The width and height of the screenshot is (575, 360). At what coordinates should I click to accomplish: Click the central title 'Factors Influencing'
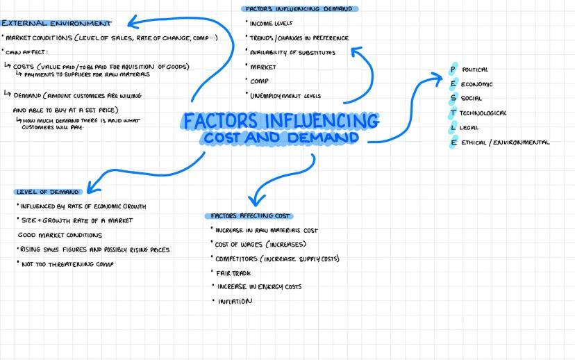click(281, 120)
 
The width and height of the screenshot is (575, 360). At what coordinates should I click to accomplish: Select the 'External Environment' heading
click(57, 24)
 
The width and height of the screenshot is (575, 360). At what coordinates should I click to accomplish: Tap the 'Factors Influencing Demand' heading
click(300, 9)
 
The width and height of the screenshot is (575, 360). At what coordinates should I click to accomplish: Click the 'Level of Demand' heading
click(47, 192)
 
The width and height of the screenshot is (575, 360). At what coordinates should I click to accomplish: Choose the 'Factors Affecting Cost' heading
click(248, 215)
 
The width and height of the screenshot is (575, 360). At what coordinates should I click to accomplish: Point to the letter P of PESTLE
click(453, 69)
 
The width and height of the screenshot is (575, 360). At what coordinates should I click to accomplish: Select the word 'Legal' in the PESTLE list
click(474, 128)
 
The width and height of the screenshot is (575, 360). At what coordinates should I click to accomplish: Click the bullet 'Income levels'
click(271, 23)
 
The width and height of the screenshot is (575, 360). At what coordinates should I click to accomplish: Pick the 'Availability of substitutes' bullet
click(292, 53)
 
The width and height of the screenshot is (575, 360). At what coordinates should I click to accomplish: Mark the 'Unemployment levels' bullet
click(285, 96)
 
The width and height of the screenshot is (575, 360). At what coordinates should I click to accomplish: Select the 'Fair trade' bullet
click(233, 273)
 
